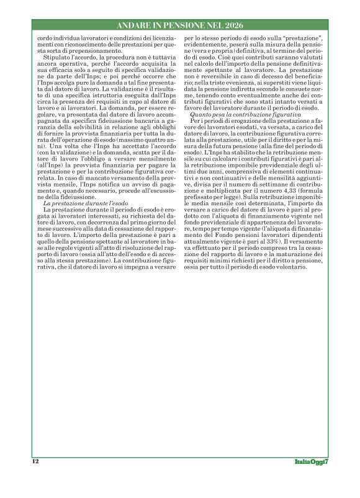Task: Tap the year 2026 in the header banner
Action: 228,25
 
